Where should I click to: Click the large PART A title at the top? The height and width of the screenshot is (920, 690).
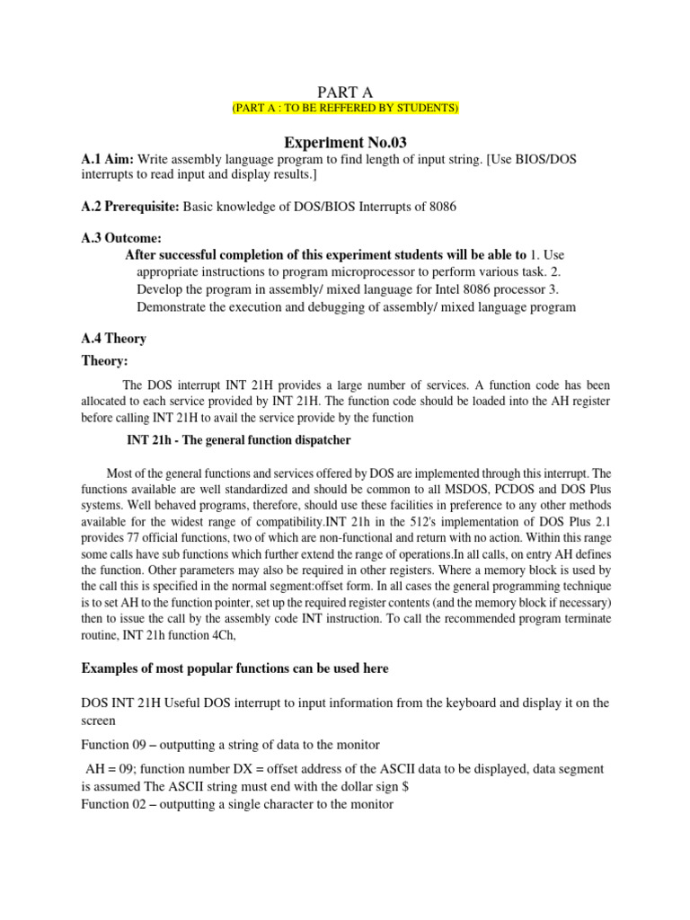[346, 91]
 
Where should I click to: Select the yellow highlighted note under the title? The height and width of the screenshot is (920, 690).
[346, 108]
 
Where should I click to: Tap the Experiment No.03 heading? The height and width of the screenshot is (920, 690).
[346, 142]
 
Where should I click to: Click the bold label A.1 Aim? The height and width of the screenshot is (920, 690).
[108, 158]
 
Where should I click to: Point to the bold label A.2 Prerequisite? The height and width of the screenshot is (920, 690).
[130, 207]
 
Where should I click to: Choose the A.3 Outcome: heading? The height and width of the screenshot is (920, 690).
[121, 238]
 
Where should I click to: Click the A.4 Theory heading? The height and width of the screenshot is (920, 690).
[114, 339]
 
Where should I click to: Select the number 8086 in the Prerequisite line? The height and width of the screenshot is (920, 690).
[438, 207]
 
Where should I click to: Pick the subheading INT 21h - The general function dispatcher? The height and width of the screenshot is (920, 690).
[235, 440]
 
